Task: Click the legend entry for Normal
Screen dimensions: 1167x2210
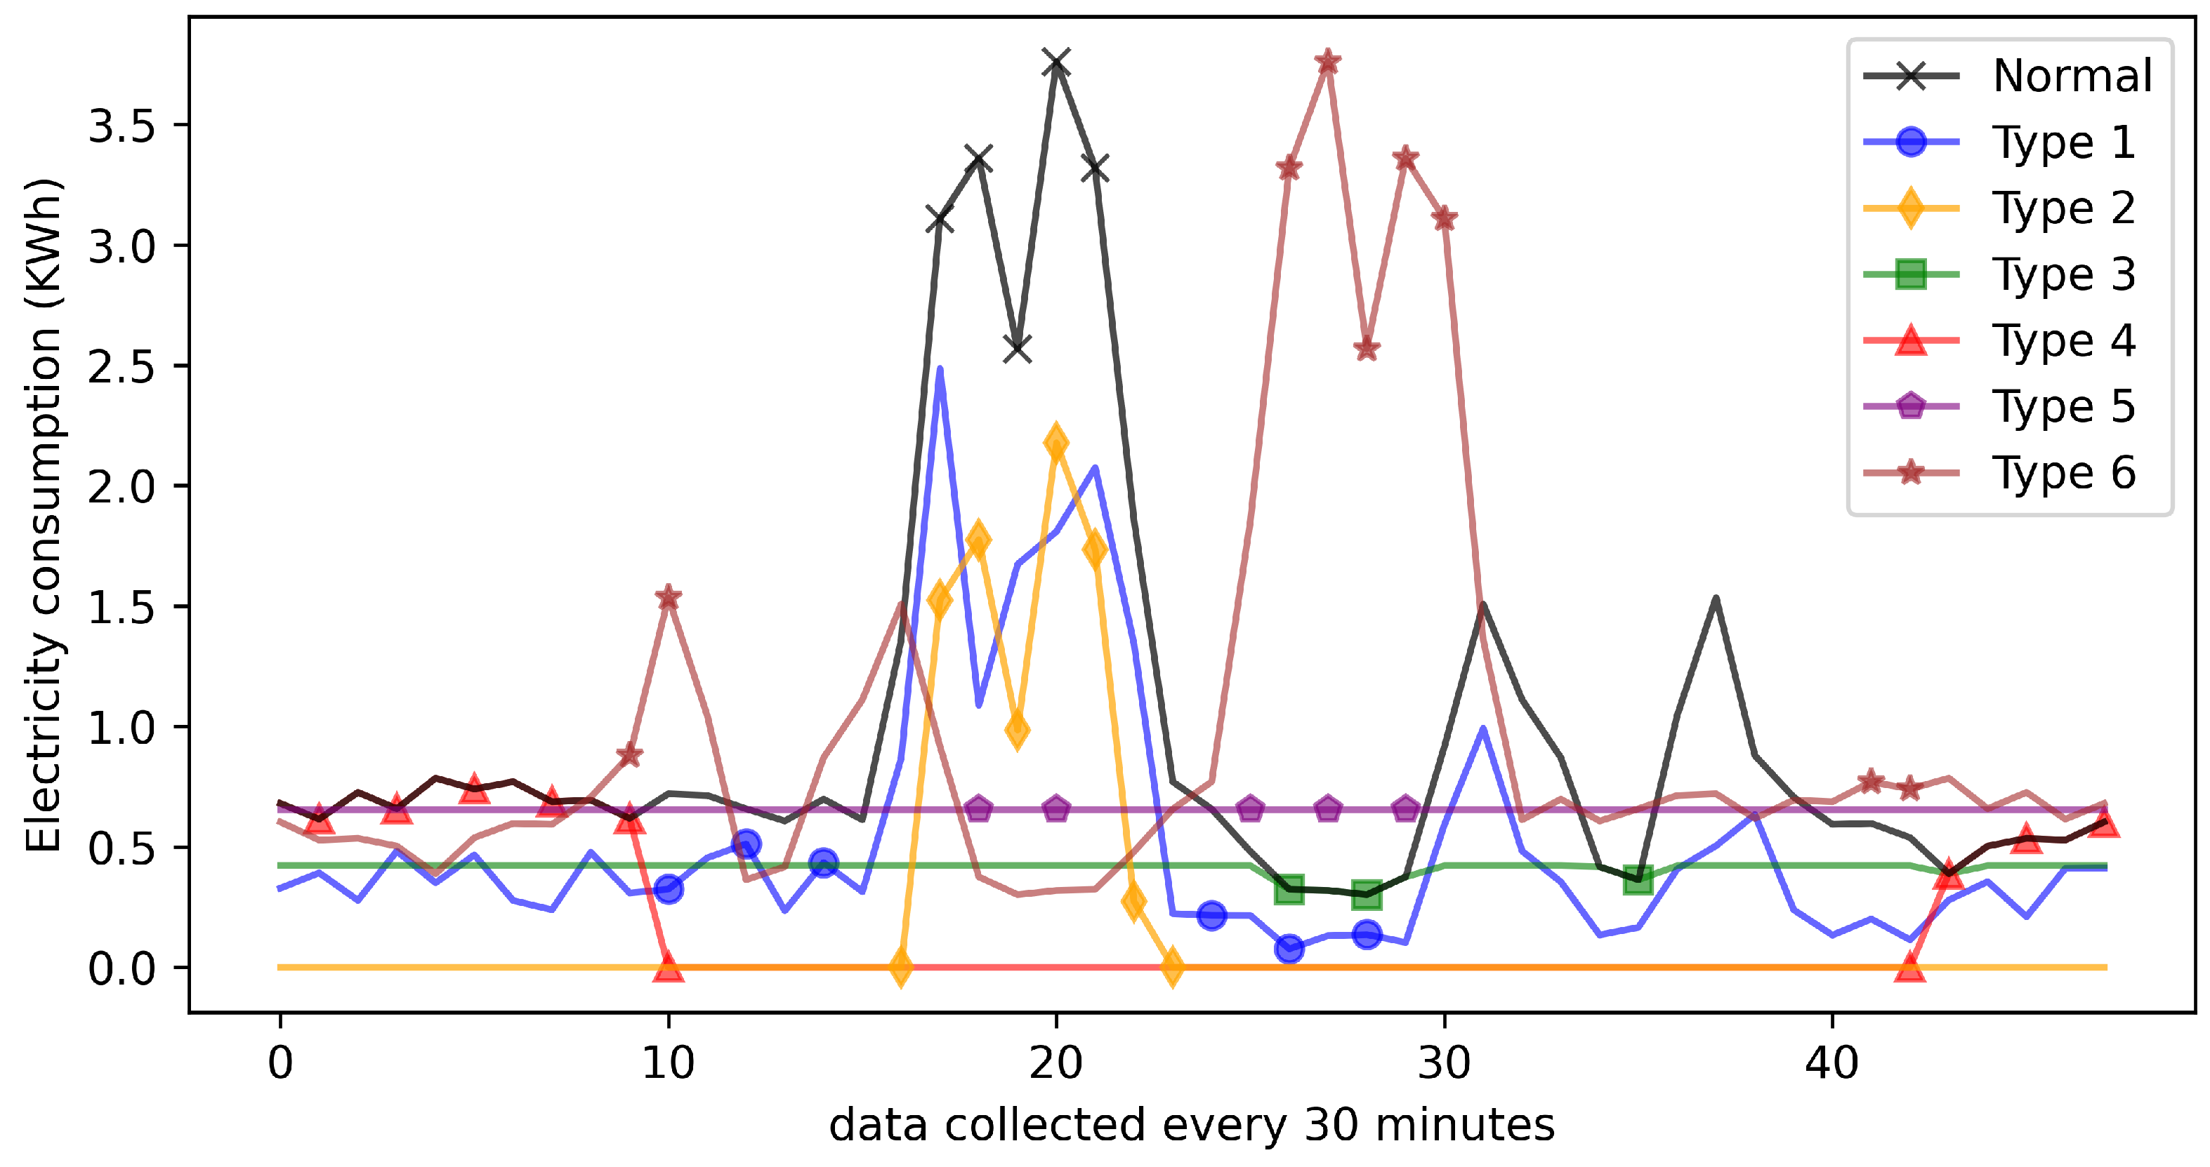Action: (x=2071, y=76)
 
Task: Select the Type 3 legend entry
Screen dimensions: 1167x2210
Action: (x=2063, y=274)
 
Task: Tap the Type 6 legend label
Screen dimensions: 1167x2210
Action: (x=2063, y=472)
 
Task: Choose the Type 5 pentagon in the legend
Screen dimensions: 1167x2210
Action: (x=1911, y=406)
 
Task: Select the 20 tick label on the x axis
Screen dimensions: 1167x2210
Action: (x=1056, y=1063)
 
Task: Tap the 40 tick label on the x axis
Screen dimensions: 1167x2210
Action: (x=1831, y=1063)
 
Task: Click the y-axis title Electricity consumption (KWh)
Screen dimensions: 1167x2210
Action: (x=43, y=514)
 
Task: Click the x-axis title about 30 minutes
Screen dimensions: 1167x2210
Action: (x=1191, y=1125)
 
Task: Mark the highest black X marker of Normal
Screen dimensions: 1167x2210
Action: (x=1056, y=62)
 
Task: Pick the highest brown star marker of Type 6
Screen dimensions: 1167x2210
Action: (x=1327, y=62)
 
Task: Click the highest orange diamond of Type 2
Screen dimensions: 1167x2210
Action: (x=1056, y=444)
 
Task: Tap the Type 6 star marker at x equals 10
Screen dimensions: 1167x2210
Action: (x=669, y=598)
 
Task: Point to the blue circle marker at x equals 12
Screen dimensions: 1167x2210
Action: (x=746, y=843)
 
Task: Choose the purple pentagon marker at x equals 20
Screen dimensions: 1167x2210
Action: (x=1056, y=808)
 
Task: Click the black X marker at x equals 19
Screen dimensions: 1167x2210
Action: (x=1018, y=348)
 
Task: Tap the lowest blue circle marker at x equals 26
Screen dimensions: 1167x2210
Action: (x=1289, y=948)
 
